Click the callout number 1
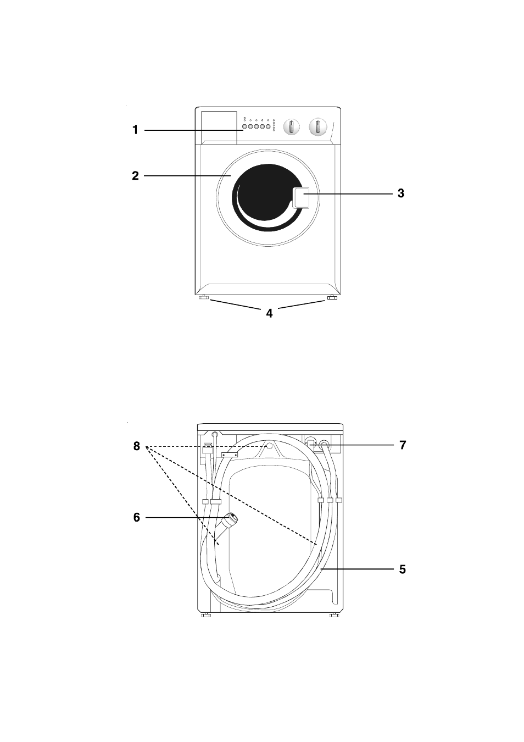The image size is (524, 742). [x=135, y=130]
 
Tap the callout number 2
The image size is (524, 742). [x=135, y=175]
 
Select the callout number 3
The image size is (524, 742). [x=401, y=193]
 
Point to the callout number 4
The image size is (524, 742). [x=270, y=313]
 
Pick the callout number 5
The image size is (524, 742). [x=402, y=569]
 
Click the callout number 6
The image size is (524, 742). [x=137, y=517]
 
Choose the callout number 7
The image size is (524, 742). [x=403, y=445]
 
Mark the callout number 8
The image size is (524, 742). [x=137, y=446]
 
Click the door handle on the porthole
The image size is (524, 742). [x=300, y=198]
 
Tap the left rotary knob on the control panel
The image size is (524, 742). [x=291, y=127]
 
